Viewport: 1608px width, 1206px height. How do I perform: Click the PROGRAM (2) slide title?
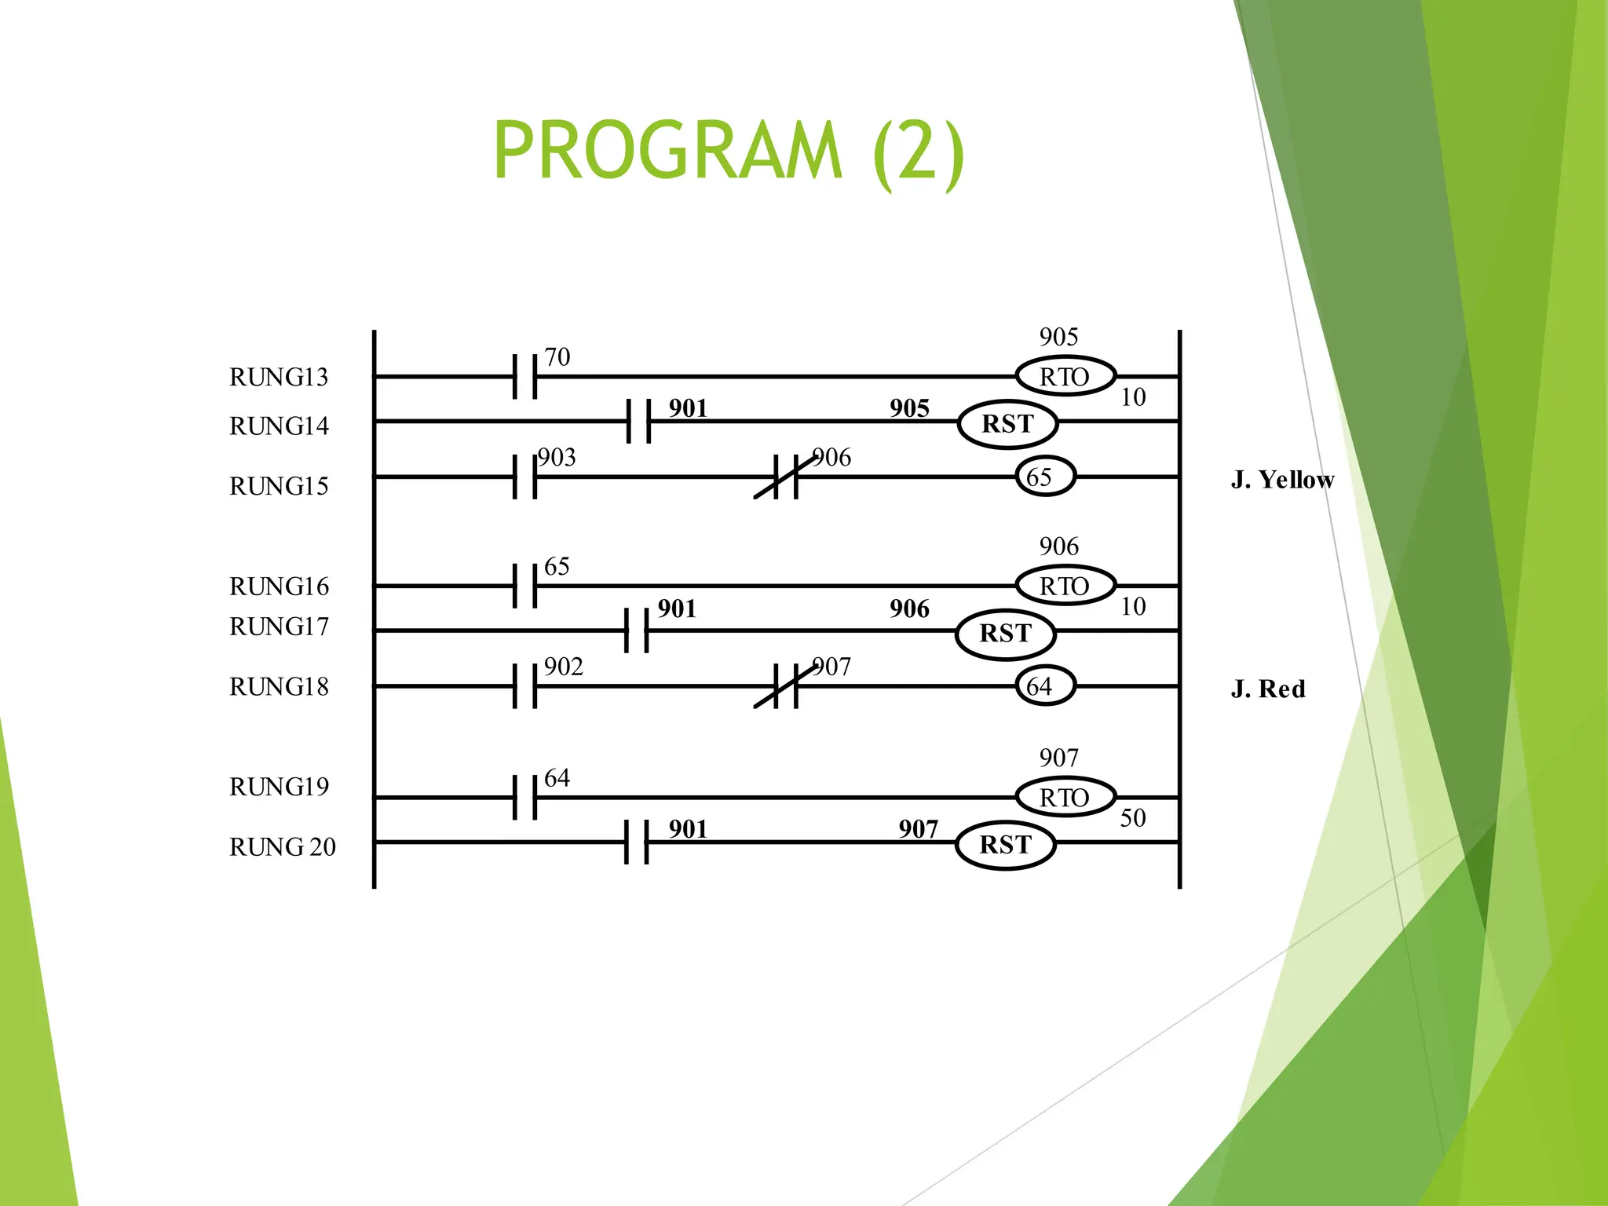tap(729, 151)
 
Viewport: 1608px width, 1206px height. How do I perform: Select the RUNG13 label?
tap(279, 377)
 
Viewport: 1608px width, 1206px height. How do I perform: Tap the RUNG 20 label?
tap(282, 847)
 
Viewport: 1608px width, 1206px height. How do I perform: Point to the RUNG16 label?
tap(279, 587)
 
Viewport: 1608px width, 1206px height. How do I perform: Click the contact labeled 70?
tap(524, 377)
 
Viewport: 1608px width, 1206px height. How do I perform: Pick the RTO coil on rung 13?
tap(1065, 377)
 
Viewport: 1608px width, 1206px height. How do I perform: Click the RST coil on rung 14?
tap(1007, 424)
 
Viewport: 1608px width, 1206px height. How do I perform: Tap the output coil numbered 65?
tap(1044, 477)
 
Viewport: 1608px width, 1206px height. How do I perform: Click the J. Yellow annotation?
tap(1282, 480)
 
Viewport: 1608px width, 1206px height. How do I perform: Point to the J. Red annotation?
tap(1268, 689)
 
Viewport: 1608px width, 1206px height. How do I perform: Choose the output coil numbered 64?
tap(1044, 686)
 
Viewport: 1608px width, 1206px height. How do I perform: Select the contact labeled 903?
tap(524, 477)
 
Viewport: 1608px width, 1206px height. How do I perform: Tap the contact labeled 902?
tap(524, 686)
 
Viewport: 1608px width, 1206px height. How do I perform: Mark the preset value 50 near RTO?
tap(1132, 818)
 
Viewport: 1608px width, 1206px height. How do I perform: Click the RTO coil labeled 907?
tap(1065, 798)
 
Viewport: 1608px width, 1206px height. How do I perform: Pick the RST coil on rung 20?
tap(1005, 845)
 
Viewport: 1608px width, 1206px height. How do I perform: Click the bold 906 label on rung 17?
tap(909, 609)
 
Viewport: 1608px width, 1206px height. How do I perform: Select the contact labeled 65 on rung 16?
tap(524, 586)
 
